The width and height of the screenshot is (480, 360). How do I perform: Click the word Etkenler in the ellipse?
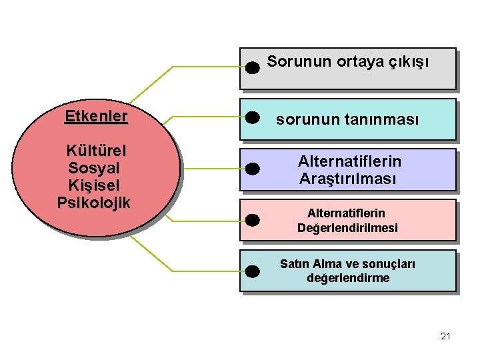click(96, 116)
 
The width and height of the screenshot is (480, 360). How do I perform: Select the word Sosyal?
click(94, 168)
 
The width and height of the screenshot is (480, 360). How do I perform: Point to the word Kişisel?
click(94, 185)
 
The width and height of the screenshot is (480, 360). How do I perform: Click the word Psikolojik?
click(94, 202)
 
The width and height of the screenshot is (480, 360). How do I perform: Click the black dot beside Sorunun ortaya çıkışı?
click(252, 67)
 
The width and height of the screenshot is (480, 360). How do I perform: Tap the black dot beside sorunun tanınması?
click(252, 118)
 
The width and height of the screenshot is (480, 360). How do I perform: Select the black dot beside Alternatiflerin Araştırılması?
click(252, 168)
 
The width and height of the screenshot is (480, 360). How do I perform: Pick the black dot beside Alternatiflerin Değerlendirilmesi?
click(252, 219)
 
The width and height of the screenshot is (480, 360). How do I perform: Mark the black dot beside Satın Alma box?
click(252, 270)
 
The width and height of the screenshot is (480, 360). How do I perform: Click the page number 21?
click(446, 336)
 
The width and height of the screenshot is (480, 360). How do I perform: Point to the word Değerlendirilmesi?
click(347, 228)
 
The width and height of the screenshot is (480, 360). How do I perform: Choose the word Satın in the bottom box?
click(294, 264)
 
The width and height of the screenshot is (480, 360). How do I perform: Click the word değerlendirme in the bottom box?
click(348, 278)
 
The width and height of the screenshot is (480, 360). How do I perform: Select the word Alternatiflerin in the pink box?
click(346, 213)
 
